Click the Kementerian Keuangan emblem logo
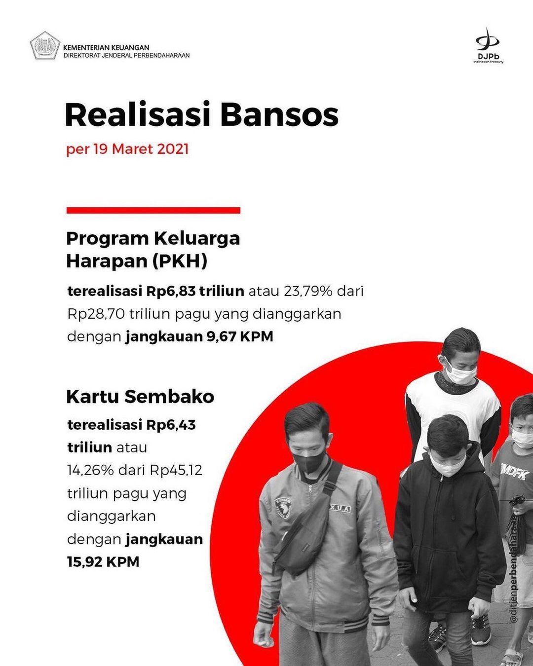45,45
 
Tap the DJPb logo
488,45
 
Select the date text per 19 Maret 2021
127,149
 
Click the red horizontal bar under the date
153,211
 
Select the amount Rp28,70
96,314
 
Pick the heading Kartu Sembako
140,397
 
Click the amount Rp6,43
171,425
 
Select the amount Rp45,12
176,471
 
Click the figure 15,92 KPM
103,562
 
